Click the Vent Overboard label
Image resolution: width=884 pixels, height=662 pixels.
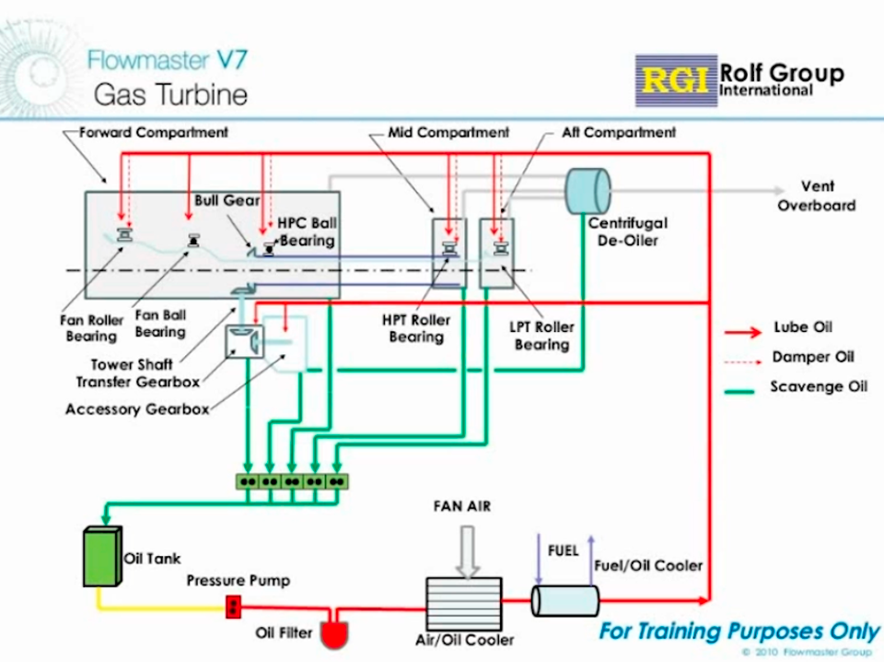(x=816, y=195)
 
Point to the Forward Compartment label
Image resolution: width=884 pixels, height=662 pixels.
(x=153, y=133)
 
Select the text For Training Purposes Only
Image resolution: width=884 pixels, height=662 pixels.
(x=739, y=632)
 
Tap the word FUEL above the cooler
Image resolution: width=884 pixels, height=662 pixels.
(x=563, y=550)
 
